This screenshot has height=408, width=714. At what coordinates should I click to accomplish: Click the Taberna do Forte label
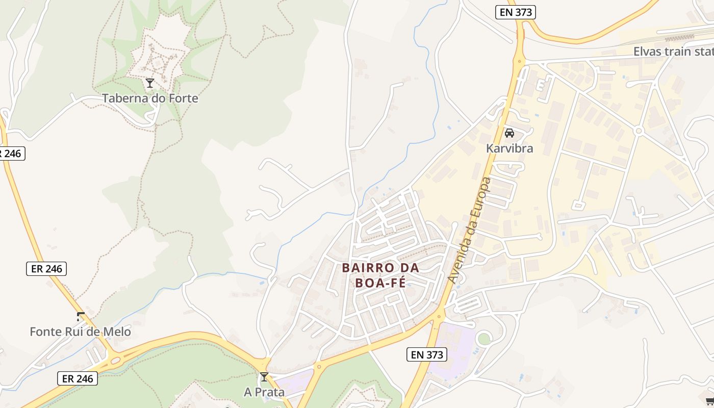150,98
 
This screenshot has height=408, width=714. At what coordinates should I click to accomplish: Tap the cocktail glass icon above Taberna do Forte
149,83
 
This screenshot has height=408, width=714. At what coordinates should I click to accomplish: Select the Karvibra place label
509,148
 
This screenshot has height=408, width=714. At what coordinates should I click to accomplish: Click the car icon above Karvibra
509,134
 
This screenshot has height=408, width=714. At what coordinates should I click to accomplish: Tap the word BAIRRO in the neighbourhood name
368,268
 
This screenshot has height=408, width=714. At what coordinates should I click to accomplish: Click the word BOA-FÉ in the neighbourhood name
380,283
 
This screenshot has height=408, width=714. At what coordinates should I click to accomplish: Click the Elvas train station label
673,52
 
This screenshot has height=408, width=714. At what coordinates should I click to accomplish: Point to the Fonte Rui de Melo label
80,332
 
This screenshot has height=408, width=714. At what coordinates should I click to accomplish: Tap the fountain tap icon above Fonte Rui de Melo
80,316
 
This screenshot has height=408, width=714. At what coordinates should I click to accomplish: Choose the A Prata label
264,393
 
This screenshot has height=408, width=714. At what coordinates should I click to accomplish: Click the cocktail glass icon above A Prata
264,377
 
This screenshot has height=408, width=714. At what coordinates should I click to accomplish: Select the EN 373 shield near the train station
515,12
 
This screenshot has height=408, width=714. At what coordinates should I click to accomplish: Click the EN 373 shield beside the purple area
427,354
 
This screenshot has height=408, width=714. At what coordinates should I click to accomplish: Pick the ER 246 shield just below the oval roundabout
77,378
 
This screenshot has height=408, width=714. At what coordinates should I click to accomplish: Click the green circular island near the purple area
483,338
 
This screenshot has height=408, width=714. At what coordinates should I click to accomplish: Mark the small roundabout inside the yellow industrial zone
638,131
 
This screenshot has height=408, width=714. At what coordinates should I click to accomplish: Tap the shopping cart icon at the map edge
709,401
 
